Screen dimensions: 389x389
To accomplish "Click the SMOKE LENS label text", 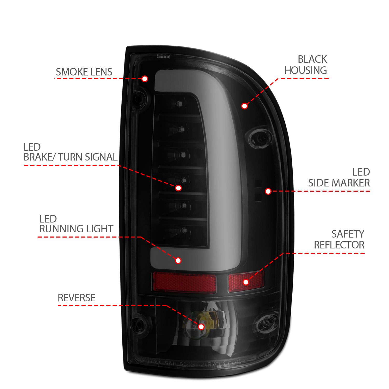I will (x=84, y=72).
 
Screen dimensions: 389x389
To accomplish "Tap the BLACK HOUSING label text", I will (x=306, y=65).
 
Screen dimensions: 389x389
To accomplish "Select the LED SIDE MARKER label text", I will (x=339, y=178).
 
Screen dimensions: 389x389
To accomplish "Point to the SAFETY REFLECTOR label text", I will (x=339, y=239).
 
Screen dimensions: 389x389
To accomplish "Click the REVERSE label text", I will (x=77, y=298).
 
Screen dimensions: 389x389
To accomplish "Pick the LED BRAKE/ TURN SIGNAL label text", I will (x=70, y=152).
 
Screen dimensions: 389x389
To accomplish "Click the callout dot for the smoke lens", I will (x=145, y=79).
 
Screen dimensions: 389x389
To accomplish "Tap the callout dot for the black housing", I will (x=244, y=106).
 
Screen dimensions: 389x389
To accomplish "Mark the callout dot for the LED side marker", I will (x=268, y=191).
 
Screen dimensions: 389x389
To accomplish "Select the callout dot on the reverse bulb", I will (x=201, y=327).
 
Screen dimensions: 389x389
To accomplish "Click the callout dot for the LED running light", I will (x=178, y=260).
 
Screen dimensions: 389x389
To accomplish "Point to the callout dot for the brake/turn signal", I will (x=178, y=188).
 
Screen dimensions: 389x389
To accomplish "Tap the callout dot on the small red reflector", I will (x=246, y=282).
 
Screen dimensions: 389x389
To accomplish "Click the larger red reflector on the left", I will (x=184, y=282).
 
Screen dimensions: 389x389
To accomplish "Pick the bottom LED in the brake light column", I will (x=184, y=230).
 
